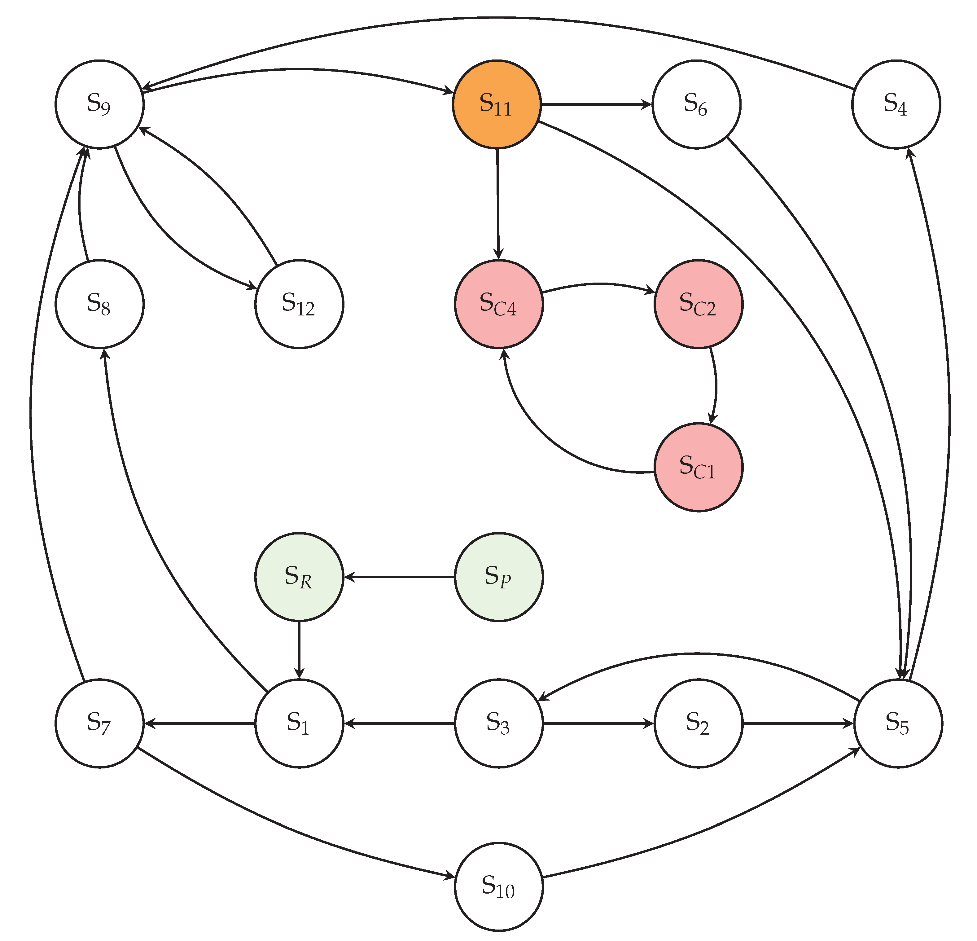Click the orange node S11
click(x=497, y=104)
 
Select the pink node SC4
click(x=498, y=304)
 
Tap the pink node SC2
click(x=698, y=304)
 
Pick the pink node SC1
click(x=698, y=467)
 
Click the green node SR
click(x=299, y=577)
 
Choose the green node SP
click(x=498, y=577)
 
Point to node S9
click(x=100, y=104)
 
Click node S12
click(x=299, y=304)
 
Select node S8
click(x=100, y=304)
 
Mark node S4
click(x=896, y=104)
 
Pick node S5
click(x=898, y=723)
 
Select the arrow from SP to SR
click(x=399, y=577)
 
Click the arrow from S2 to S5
click(x=798, y=723)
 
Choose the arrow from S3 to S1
click(x=399, y=723)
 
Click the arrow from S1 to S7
click(x=199, y=723)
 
